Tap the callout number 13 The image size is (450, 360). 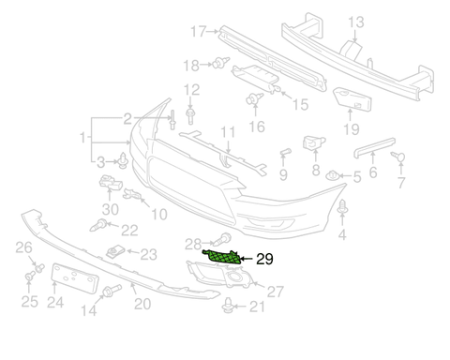click(355, 22)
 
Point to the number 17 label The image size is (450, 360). click(197, 31)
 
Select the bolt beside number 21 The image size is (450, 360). click(228, 304)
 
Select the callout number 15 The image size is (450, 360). click(300, 105)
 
